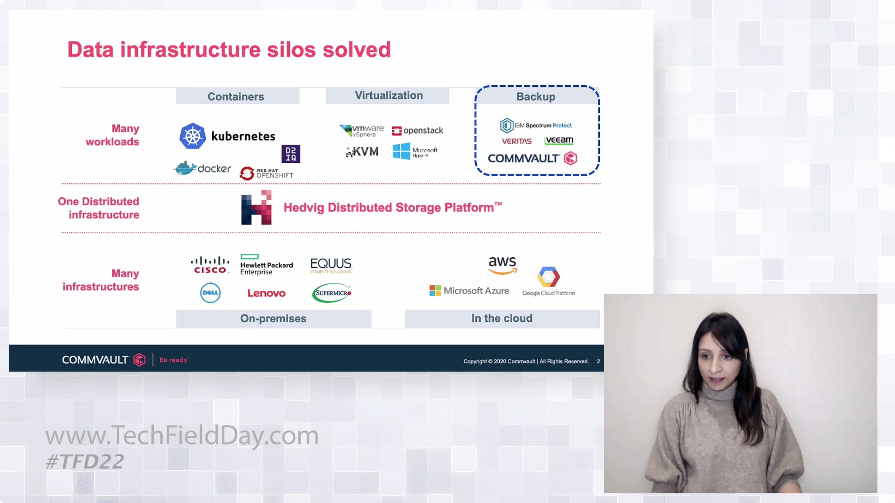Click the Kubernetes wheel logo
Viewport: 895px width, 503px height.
(192, 136)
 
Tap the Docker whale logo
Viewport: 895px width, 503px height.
(186, 168)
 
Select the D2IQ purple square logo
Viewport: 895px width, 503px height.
(291, 154)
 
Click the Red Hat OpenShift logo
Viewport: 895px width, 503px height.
(267, 173)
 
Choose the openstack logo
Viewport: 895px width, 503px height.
(418, 130)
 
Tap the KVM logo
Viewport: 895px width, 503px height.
(362, 152)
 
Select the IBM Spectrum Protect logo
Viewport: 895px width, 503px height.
(536, 126)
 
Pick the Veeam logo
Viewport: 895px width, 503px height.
(559, 140)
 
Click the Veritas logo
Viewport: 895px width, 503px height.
(516, 141)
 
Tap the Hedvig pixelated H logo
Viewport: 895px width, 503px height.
(257, 208)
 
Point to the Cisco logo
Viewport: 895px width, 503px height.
(210, 265)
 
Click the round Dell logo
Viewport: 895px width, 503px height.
(210, 293)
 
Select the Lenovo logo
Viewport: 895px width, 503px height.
(267, 293)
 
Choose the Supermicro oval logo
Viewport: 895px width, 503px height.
(332, 293)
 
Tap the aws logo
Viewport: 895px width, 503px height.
(502, 265)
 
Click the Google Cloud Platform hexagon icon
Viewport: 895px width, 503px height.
(548, 276)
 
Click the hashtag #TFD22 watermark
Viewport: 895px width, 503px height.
(85, 462)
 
